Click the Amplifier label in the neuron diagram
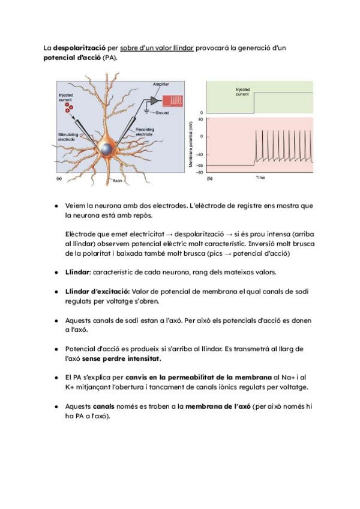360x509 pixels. click(161, 83)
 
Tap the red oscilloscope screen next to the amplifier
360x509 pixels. click(178, 99)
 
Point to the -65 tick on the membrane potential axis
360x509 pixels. click(200, 164)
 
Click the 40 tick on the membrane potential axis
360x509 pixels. click(201, 119)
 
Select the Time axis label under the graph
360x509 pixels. click(260, 178)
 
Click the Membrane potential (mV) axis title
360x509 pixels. click(192, 145)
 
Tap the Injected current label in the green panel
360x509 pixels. click(242, 91)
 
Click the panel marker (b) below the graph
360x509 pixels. click(210, 178)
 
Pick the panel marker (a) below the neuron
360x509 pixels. click(59, 178)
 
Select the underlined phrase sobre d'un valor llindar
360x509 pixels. click(157, 47)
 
